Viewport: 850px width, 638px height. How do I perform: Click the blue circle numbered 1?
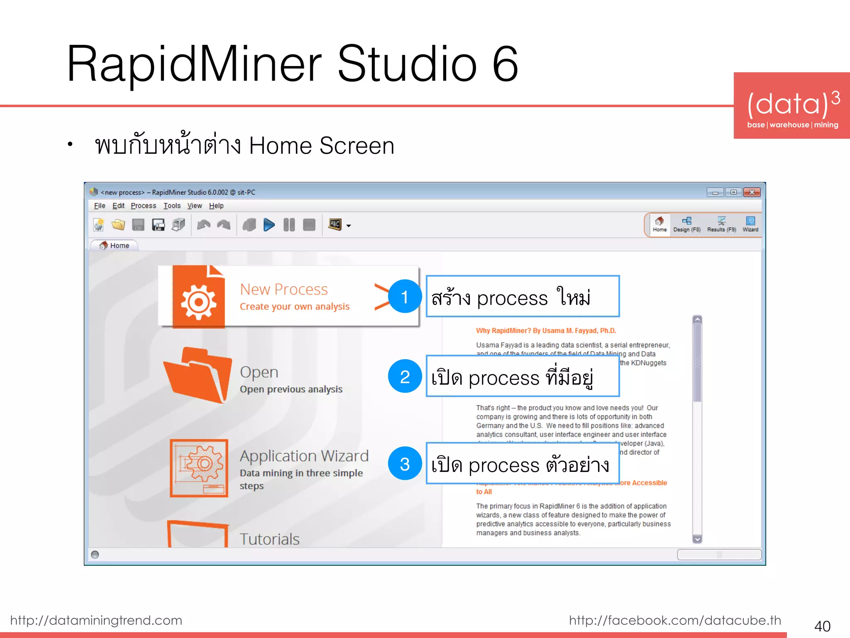tap(405, 297)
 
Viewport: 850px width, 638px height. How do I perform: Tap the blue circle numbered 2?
tap(405, 376)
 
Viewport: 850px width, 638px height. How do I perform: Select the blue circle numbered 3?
tap(405, 464)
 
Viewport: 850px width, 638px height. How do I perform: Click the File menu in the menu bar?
tap(100, 206)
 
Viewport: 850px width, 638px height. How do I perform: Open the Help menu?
tap(216, 206)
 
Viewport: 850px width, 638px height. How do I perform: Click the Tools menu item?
tap(172, 206)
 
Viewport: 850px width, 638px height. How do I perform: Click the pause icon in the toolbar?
tap(289, 225)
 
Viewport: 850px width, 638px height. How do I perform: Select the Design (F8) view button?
tap(686, 224)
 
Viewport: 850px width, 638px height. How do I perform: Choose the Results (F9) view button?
tap(721, 224)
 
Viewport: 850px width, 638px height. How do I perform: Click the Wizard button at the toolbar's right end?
tap(750, 224)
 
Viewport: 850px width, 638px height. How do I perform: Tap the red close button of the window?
tap(752, 192)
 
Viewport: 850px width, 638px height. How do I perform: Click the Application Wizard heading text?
tap(304, 456)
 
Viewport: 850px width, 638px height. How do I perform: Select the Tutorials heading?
tap(270, 539)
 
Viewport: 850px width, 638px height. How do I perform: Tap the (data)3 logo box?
tap(792, 106)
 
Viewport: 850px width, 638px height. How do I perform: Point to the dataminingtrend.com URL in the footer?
tap(96, 620)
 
